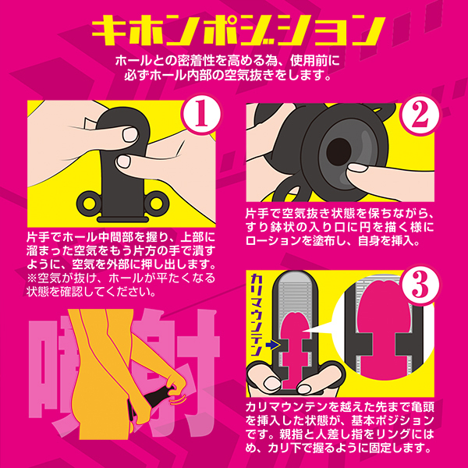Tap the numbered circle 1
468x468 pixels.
200,115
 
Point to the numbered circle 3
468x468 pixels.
420,285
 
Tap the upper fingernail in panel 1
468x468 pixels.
130,135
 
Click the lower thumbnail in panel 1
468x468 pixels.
124,161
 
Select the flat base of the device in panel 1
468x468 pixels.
123,219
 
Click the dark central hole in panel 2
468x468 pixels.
339,151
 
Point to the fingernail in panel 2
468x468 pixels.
358,168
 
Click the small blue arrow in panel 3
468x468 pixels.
273,345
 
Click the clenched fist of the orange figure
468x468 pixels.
175,385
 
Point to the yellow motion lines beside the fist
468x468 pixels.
179,399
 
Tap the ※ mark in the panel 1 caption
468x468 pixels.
32,278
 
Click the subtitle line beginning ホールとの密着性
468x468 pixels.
228,61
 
